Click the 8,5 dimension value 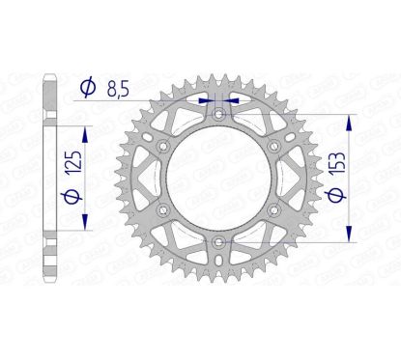point(118,89)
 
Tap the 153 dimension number point(337,163)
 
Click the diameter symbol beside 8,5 point(88,87)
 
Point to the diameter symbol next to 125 point(73,197)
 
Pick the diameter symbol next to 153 point(336,196)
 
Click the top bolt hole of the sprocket point(219,114)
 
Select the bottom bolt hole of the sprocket point(219,242)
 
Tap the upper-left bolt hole point(163,147)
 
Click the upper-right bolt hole point(274,147)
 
